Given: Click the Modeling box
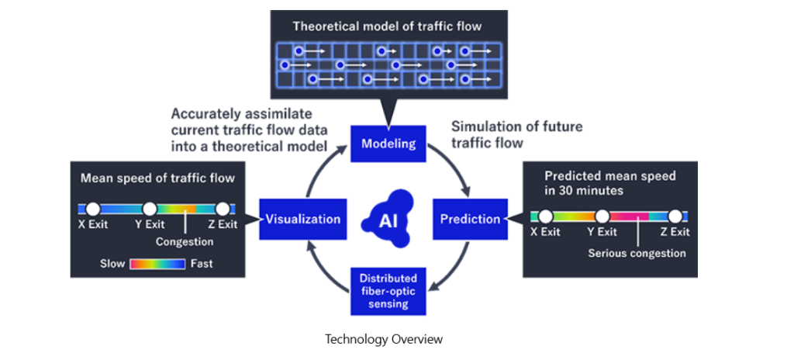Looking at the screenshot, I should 388,144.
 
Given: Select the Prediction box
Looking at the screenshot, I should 470,219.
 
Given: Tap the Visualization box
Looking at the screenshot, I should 302,219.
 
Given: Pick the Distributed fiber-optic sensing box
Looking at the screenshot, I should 388,289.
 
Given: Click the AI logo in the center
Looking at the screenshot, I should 388,219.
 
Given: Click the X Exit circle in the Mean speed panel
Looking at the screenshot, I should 92,209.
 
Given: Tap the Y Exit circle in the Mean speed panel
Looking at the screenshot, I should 150,209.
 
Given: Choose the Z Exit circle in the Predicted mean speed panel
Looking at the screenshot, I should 675,216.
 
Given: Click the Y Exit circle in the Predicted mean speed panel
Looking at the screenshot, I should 601,216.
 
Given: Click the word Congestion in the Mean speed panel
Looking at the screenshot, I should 185,242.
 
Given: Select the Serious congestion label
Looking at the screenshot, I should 637,253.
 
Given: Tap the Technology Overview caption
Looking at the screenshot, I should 384,339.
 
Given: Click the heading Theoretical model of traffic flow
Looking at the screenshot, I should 387,26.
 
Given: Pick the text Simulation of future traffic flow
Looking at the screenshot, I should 516,134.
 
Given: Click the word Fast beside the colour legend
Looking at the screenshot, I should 202,264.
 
